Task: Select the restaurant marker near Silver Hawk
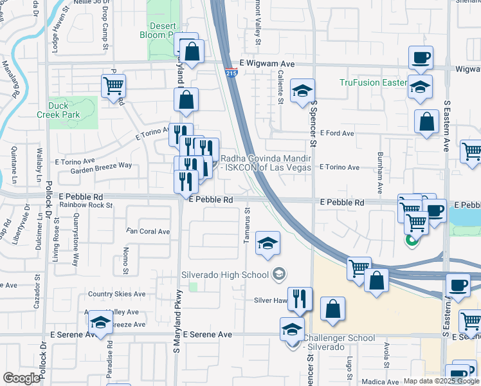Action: pyautogui.click(x=300, y=299)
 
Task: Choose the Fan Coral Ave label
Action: pyautogui.click(x=148, y=232)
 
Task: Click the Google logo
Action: pyautogui.click(x=21, y=378)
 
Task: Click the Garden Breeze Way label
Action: pyautogui.click(x=101, y=165)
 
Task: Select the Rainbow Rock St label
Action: pyautogui.click(x=86, y=205)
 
